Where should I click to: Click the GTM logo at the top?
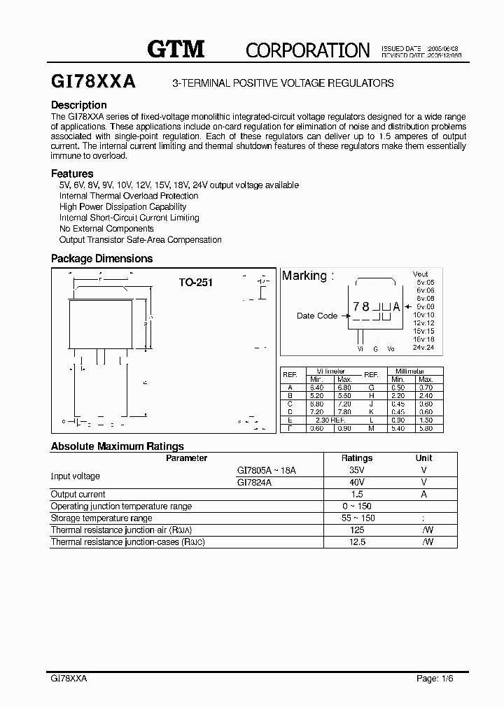coord(176,48)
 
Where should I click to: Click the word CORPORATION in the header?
coord(307,50)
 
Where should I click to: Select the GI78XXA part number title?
coord(94,82)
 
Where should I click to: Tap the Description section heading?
coord(79,105)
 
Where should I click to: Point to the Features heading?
coord(72,174)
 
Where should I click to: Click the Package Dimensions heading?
coord(101,258)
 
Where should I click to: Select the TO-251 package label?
coord(195,283)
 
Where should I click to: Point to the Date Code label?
coord(317,316)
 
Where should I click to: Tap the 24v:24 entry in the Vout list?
coord(423,348)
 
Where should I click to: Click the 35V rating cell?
coord(356,471)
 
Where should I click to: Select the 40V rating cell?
coord(356,482)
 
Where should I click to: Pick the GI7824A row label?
coord(255,482)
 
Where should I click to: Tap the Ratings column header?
coord(356,458)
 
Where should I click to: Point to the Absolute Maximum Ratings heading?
coord(118,446)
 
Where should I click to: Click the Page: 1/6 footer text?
coord(437,679)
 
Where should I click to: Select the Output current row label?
coord(78,494)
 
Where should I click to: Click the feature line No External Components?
coord(106,229)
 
